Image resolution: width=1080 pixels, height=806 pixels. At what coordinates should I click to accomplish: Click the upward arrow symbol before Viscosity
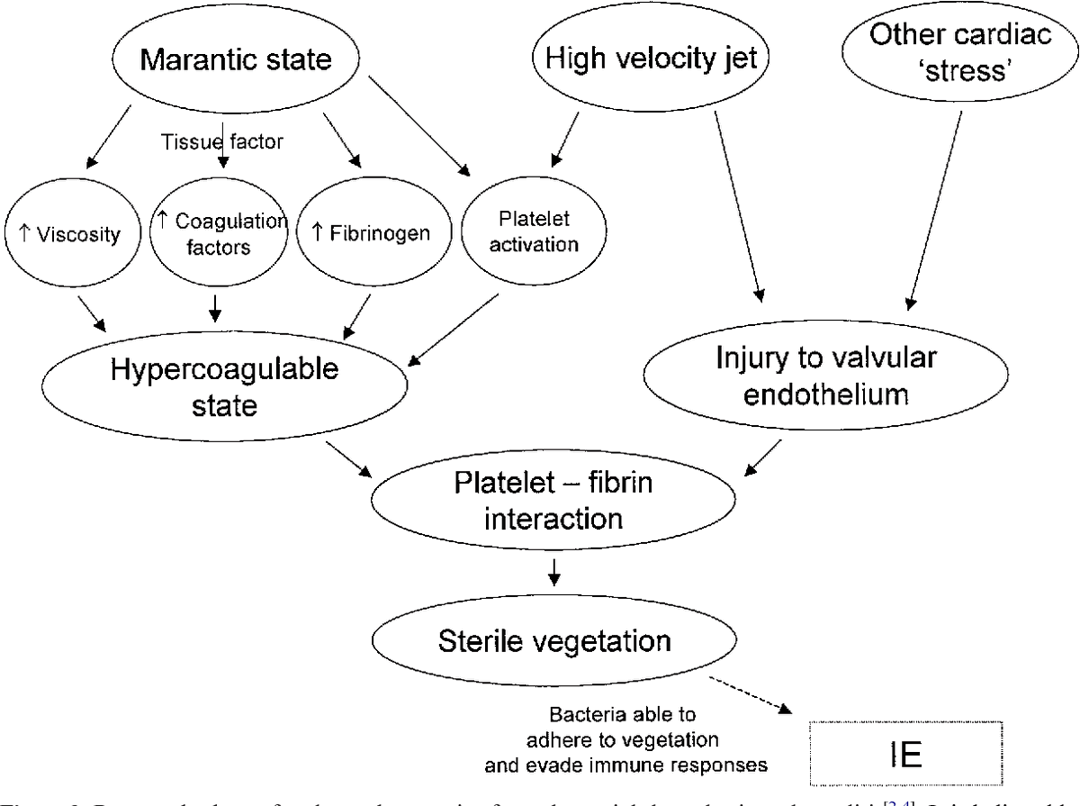pyautogui.click(x=23, y=235)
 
